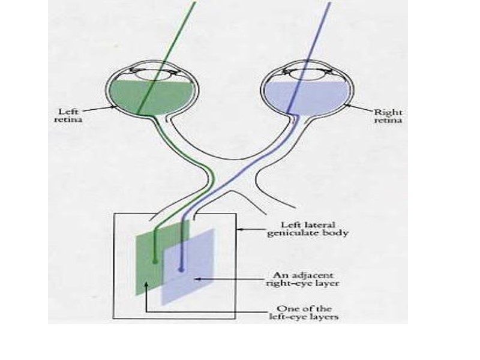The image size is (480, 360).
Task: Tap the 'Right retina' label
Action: click(388, 116)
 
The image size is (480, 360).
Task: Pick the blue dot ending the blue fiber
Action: click(180, 269)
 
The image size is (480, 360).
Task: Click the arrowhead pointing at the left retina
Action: click(109, 107)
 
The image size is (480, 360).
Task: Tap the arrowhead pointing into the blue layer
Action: click(193, 279)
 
